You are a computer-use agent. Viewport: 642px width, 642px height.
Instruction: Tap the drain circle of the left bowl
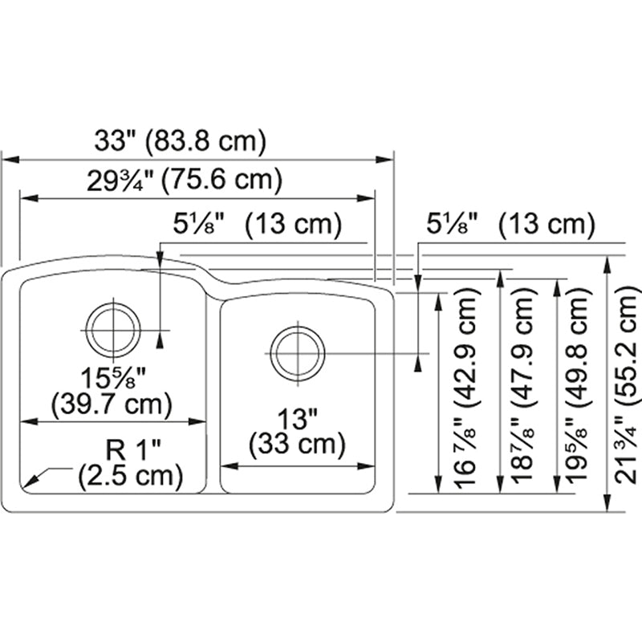click(113, 330)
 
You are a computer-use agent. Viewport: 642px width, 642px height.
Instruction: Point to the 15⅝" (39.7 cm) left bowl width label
click(109, 389)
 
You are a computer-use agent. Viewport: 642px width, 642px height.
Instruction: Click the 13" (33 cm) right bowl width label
click(298, 429)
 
